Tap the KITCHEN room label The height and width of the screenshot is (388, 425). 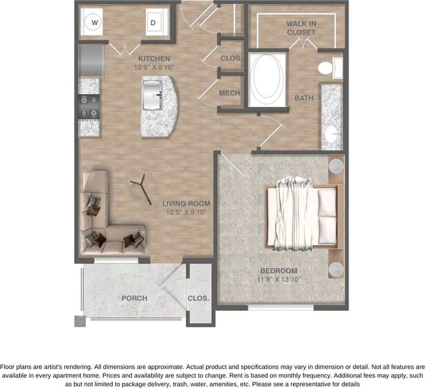coord(154,58)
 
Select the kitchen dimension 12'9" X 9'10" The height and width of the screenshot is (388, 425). coord(154,67)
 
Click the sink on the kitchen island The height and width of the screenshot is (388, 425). coord(152,95)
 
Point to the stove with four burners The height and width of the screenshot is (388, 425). coord(88,106)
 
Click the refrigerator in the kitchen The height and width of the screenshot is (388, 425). coord(91,61)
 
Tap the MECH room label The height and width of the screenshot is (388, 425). coord(229,93)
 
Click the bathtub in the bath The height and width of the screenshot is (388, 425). coord(267,79)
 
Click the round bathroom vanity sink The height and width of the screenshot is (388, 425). coord(331,134)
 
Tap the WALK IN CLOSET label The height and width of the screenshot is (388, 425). coord(301,28)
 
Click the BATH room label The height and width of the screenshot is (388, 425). coord(304,98)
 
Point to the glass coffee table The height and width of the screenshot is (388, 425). coord(143,189)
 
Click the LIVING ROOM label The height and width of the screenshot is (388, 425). coord(186,203)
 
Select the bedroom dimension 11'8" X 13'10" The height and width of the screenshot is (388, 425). coord(279,279)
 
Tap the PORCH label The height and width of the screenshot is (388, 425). coord(134,298)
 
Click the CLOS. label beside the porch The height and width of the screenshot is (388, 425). coord(198,298)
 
